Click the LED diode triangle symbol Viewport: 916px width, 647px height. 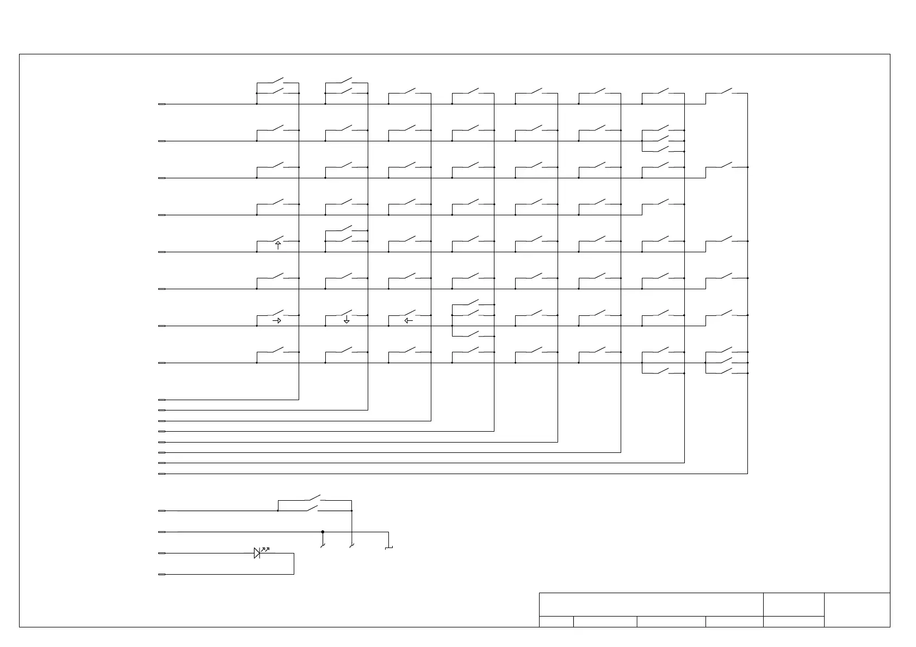[x=257, y=553]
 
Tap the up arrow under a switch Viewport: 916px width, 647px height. [x=278, y=245]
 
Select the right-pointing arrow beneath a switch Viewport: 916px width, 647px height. [x=277, y=321]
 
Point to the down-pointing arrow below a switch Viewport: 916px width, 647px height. [x=346, y=320]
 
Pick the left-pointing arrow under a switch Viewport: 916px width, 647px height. [x=409, y=321]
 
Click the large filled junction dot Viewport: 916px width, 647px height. [x=323, y=532]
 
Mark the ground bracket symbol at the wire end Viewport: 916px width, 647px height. [x=388, y=548]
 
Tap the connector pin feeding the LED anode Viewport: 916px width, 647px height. [x=162, y=553]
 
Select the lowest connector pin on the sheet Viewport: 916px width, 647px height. [x=162, y=574]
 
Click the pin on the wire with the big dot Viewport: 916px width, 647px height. [x=162, y=532]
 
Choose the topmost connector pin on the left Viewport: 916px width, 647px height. [x=162, y=104]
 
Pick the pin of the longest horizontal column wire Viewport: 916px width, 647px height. [x=162, y=474]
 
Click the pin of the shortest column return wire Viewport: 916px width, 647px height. [x=162, y=400]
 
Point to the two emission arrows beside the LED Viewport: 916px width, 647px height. [x=265, y=549]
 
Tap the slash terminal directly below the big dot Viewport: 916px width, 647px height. [x=323, y=545]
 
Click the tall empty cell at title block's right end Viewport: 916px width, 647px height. [x=857, y=609]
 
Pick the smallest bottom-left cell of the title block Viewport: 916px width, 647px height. [x=556, y=621]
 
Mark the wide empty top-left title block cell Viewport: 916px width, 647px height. [x=651, y=604]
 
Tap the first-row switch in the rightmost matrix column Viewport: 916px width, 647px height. [x=726, y=91]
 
